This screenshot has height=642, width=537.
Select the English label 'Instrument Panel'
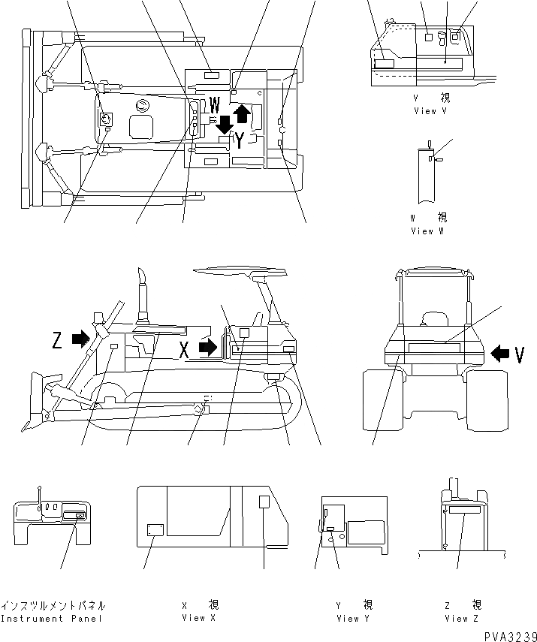[51, 619]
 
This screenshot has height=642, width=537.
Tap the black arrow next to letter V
[498, 352]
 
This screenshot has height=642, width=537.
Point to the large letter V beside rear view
[519, 353]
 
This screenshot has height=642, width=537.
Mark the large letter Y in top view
[238, 140]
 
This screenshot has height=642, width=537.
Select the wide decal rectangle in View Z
[465, 510]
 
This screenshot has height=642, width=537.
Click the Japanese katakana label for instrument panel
[53, 605]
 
